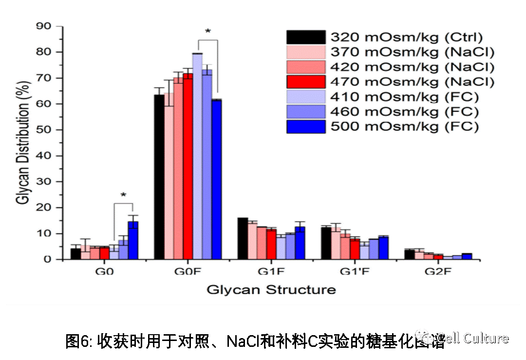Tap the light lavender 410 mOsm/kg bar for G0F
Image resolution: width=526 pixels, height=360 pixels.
pyautogui.click(x=197, y=156)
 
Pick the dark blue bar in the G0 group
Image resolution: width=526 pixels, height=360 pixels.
pyautogui.click(x=133, y=241)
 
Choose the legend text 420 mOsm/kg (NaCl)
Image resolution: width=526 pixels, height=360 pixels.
pyautogui.click(x=412, y=67)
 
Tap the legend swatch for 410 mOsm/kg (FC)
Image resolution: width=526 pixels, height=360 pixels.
pyautogui.click(x=306, y=97)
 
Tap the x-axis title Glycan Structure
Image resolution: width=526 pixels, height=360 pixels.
pyautogui.click(x=271, y=290)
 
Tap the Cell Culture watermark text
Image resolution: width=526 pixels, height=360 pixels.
pyautogui.click(x=472, y=338)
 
